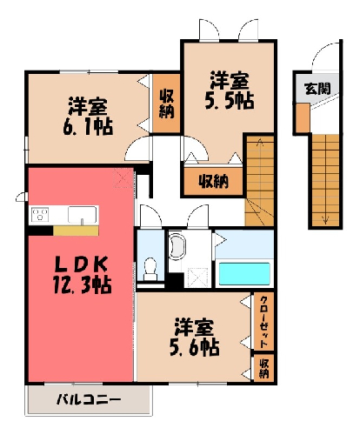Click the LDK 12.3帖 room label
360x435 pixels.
[x=82, y=275]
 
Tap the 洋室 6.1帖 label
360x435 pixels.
[x=88, y=117]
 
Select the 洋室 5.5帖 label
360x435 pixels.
[x=230, y=90]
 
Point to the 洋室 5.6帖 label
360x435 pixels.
[x=194, y=337]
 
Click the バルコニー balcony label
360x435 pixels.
[x=89, y=400]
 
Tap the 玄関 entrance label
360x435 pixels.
[x=317, y=88]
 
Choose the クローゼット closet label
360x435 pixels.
[x=263, y=322]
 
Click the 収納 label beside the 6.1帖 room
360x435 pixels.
[x=167, y=104]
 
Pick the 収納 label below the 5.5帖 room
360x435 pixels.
[x=214, y=182]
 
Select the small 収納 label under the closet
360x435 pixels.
[x=263, y=368]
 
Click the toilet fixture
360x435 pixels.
[x=150, y=269]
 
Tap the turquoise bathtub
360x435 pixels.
[x=244, y=274]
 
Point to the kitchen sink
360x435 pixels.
[x=83, y=215]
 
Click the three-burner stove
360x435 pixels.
[x=40, y=215]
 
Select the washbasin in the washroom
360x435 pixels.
[x=177, y=247]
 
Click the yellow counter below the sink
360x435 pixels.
[x=76, y=231]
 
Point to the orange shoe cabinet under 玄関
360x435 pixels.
[x=303, y=117]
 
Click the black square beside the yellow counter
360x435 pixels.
[x=41, y=231]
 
